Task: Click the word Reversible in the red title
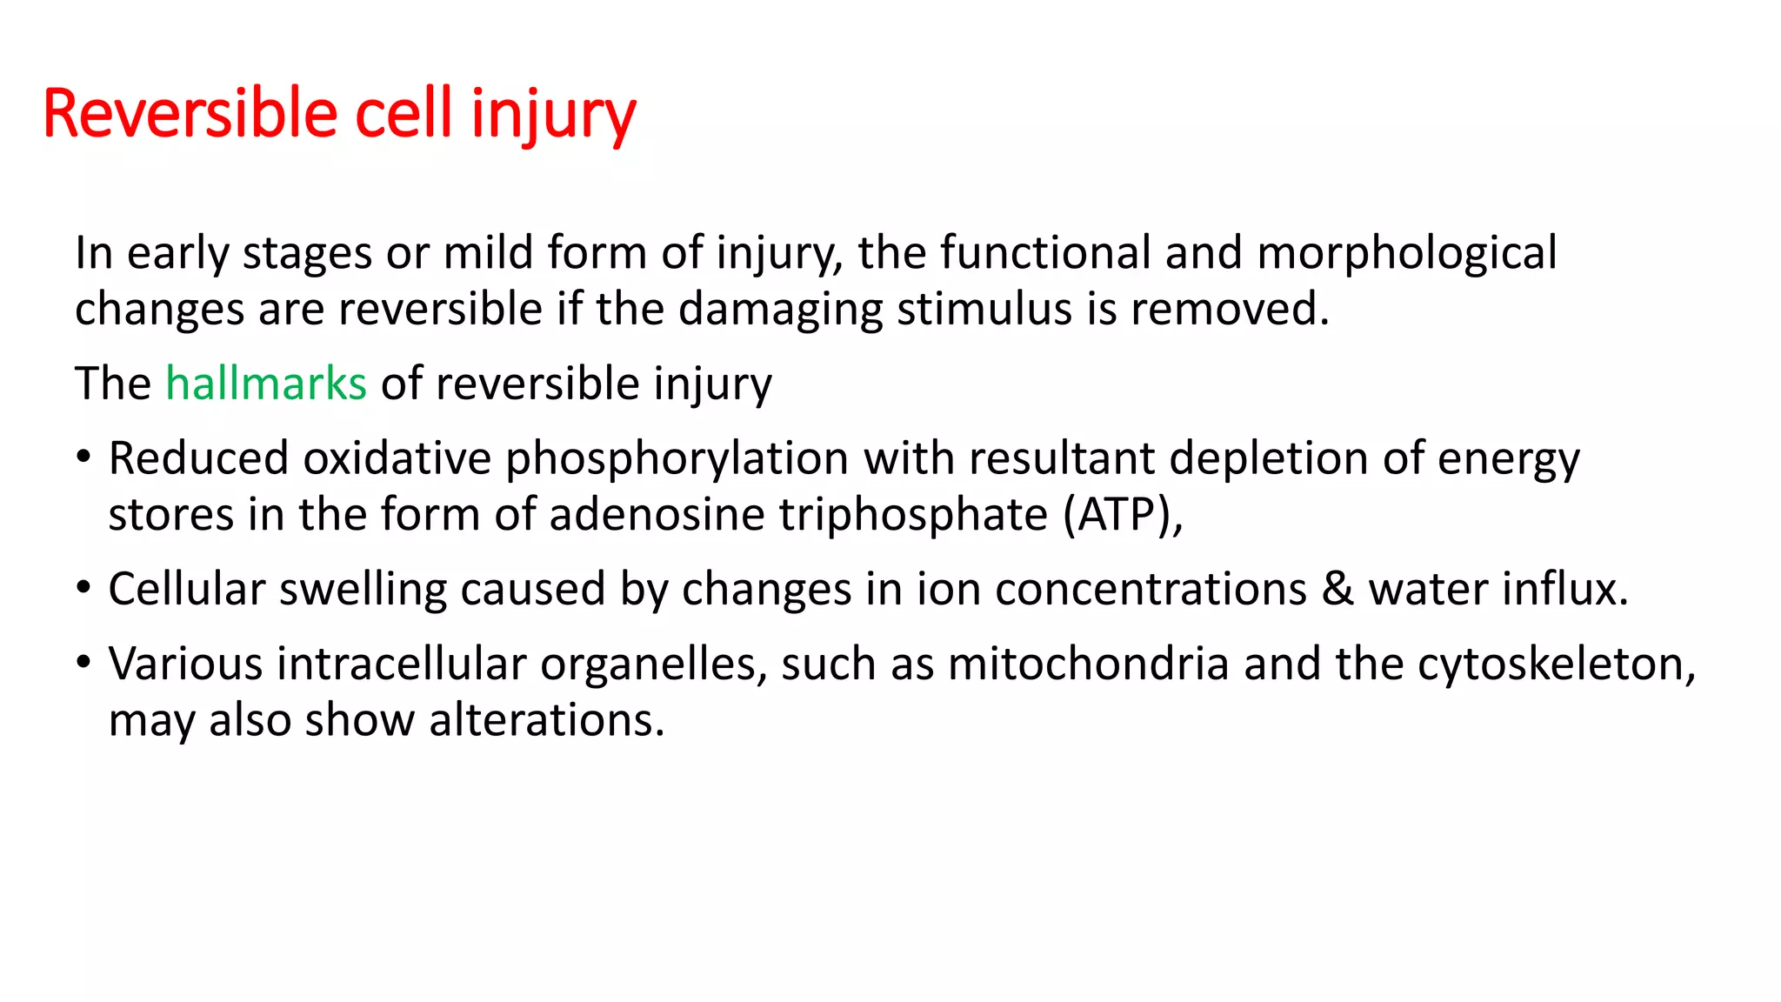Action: pyautogui.click(x=190, y=114)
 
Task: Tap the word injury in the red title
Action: pyautogui.click(x=553, y=114)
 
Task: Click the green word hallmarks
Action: pyautogui.click(x=266, y=384)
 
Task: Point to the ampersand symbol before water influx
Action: pyautogui.click(x=1337, y=589)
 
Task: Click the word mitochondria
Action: pyautogui.click(x=1088, y=664)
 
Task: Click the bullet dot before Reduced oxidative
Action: pyautogui.click(x=83, y=457)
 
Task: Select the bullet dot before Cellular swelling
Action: pyautogui.click(x=83, y=588)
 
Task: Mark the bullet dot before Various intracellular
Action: pyautogui.click(x=83, y=663)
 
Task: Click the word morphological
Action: pyautogui.click(x=1406, y=253)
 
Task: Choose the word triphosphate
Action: pyautogui.click(x=913, y=514)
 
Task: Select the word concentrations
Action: pyautogui.click(x=1151, y=589)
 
